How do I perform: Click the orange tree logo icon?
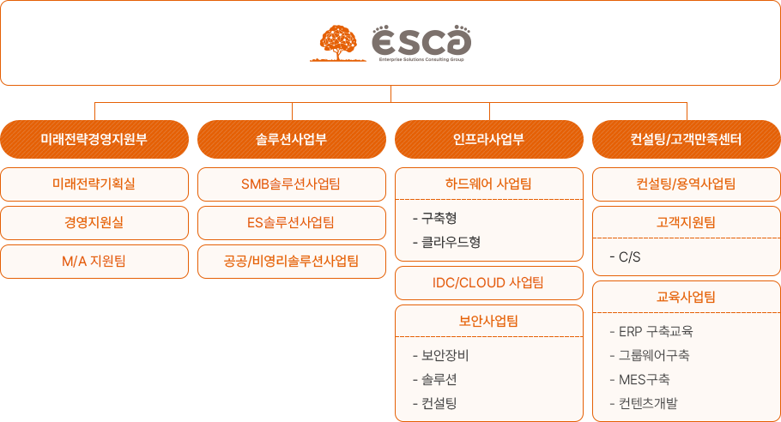pos(338,43)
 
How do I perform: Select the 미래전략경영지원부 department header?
pos(94,139)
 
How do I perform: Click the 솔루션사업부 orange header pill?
pos(292,139)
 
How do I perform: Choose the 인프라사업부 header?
pos(489,139)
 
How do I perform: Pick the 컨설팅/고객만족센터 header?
pos(687,139)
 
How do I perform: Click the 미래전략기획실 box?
pos(94,184)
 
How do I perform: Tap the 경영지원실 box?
pos(94,223)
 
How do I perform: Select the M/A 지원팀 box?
pos(94,262)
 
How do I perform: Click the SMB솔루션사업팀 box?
pos(292,184)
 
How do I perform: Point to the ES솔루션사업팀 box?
pos(292,223)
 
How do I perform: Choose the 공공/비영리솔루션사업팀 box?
pos(292,262)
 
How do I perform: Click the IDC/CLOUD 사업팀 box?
pos(489,283)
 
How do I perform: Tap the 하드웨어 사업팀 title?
pos(488,184)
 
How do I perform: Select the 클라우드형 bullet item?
pos(447,243)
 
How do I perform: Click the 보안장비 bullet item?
pos(441,355)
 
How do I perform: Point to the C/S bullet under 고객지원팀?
pos(625,257)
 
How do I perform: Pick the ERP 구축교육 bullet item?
pos(651,331)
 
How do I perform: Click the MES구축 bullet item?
pos(639,380)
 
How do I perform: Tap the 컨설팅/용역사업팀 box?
pos(687,184)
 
